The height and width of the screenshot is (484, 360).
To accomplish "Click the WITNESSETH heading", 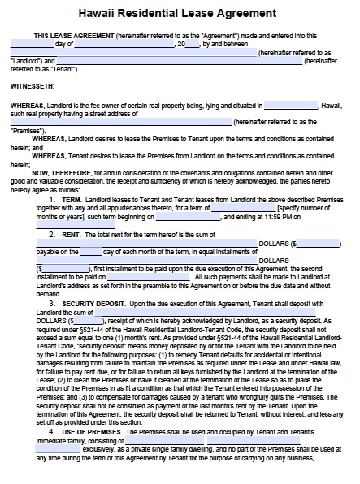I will (x=32, y=86).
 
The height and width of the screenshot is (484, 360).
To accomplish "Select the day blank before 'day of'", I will (x=32, y=44).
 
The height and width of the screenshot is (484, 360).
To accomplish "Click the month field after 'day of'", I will (x=124, y=44).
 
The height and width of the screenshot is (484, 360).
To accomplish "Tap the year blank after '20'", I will (x=192, y=44).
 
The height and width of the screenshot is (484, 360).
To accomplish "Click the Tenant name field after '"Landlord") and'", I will (x=179, y=61).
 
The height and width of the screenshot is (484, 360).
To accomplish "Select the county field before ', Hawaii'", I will (x=291, y=106).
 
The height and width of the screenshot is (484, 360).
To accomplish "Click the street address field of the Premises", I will (x=121, y=122).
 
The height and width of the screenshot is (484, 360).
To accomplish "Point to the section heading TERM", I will (x=72, y=200).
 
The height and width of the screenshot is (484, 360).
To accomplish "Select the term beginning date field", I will (x=188, y=217).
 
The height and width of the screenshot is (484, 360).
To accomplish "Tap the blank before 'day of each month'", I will (x=91, y=252).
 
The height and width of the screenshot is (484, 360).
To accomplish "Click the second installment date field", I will (x=149, y=277).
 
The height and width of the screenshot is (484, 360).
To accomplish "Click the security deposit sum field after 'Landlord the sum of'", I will (x=205, y=313).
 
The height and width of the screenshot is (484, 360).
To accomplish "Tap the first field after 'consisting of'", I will (x=165, y=441).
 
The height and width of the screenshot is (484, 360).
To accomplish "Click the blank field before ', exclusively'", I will (x=57, y=449).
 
